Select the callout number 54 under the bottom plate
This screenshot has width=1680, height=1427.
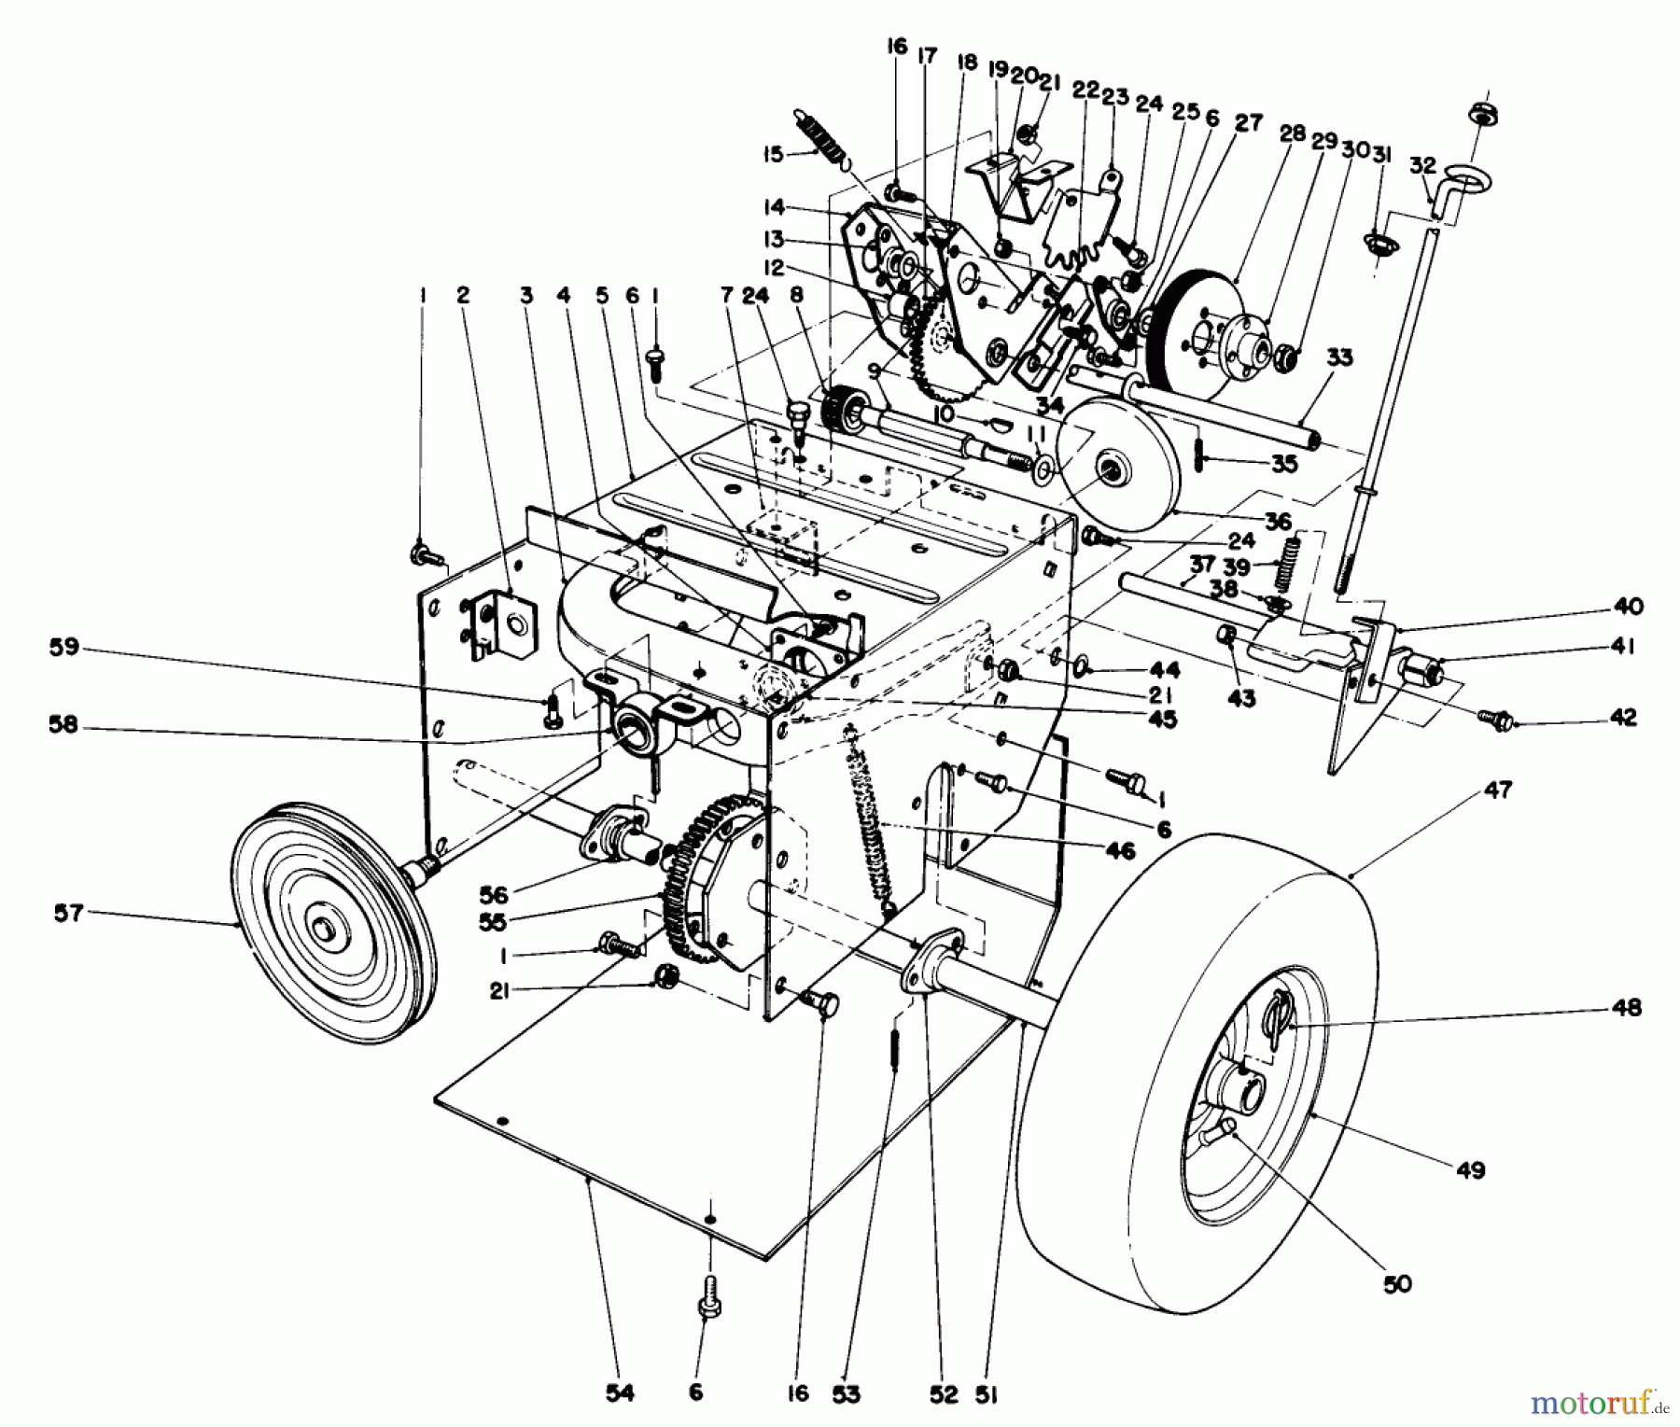620,1393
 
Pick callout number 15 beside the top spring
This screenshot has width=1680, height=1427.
772,153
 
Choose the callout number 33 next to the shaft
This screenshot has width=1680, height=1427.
1338,357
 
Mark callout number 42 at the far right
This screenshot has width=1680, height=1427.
1623,717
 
